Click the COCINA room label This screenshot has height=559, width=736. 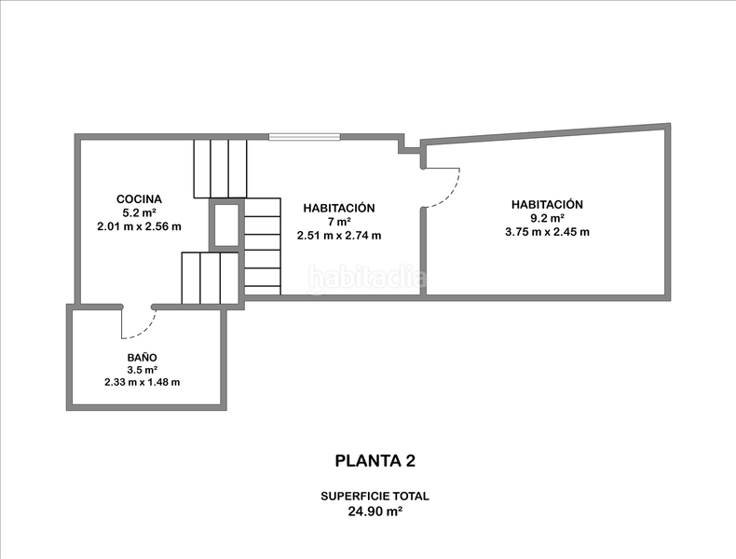[139, 199]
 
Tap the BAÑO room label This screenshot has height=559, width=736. [142, 358]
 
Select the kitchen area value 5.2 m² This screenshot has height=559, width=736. [139, 212]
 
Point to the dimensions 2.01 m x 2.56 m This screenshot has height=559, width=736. [139, 226]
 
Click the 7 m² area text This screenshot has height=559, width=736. [339, 222]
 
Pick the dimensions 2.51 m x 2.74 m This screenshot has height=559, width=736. [339, 236]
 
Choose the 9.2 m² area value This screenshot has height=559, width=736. [547, 218]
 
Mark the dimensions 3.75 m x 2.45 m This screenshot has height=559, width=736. [547, 232]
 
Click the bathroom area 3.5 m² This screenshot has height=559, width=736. [142, 370]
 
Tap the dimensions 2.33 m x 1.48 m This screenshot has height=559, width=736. [142, 382]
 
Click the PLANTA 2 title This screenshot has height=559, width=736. [375, 461]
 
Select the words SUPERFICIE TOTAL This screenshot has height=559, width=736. [375, 496]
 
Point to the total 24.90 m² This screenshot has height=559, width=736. [375, 511]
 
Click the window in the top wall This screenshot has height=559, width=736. [304, 137]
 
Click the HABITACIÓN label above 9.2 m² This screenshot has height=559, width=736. [547, 205]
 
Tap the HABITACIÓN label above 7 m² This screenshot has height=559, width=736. [339, 208]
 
